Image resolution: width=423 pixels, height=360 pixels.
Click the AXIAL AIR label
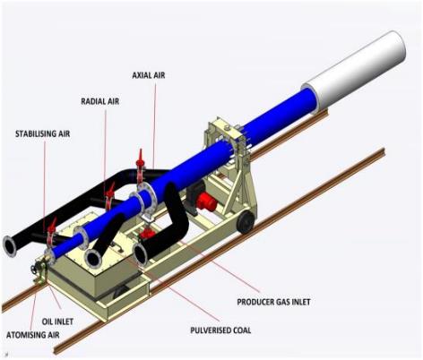[x=149, y=75]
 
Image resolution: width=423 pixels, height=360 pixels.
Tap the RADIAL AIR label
[x=100, y=101]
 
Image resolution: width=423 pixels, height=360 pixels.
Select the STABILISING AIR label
[x=43, y=133]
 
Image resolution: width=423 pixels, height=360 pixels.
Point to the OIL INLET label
[x=57, y=321]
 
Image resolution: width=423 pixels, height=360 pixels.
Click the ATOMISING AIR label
[x=33, y=335]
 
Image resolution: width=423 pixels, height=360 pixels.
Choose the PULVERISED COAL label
[x=220, y=330]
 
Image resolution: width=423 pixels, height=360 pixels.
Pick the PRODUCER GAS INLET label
[x=273, y=302]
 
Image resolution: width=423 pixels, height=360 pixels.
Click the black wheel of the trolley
[x=246, y=222]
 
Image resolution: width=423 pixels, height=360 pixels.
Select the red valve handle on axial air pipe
[x=140, y=159]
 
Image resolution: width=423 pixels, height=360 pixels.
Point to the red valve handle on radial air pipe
[x=111, y=191]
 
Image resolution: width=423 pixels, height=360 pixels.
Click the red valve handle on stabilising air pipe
[x=53, y=226]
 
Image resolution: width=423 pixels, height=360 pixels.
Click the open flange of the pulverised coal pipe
[x=93, y=259]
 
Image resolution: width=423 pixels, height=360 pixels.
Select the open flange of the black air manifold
[x=10, y=246]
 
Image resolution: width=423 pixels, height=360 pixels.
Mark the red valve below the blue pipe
[x=146, y=234]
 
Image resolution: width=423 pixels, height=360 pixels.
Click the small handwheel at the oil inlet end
[x=33, y=269]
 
